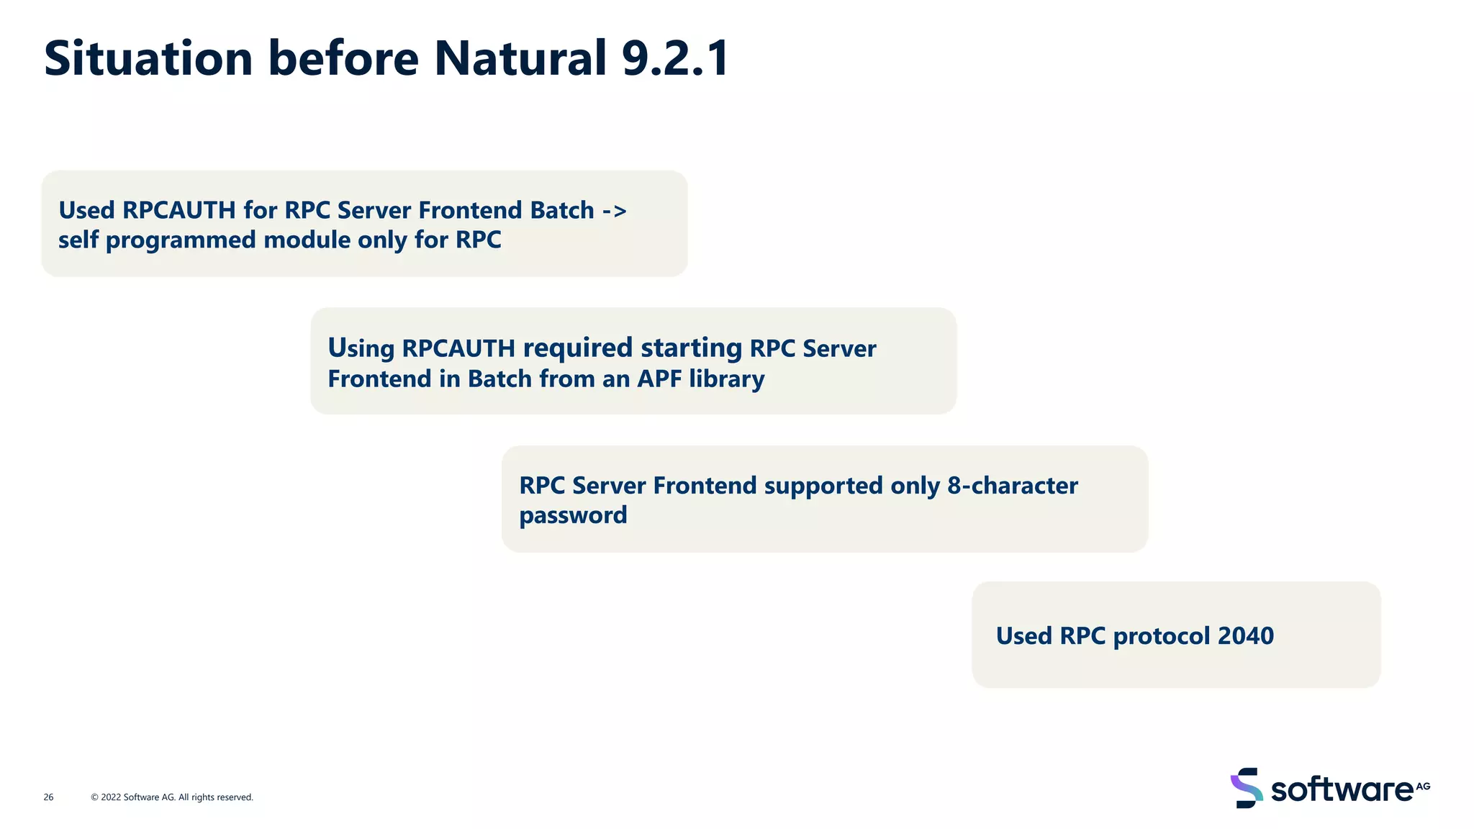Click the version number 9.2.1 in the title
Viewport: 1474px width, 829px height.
[x=675, y=58]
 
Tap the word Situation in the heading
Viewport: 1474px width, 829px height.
[x=148, y=58]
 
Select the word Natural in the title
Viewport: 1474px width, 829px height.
[x=520, y=58]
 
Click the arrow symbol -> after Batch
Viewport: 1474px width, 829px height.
[x=614, y=210]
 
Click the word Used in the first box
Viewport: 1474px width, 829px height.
[x=86, y=210]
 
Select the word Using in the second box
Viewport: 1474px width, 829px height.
[x=361, y=348]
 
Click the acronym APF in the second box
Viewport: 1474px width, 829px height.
[x=659, y=379]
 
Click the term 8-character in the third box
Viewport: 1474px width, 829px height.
[x=1013, y=486]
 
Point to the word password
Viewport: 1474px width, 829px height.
[x=573, y=515]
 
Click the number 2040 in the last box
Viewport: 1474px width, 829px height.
[x=1246, y=636]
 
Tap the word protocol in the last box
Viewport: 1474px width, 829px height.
[x=1161, y=636]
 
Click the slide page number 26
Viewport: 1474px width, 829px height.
[x=48, y=797]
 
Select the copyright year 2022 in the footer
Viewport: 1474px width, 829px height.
[x=111, y=797]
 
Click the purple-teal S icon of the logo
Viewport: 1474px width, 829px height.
[x=1247, y=788]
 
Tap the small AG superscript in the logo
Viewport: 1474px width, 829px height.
[x=1423, y=786]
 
